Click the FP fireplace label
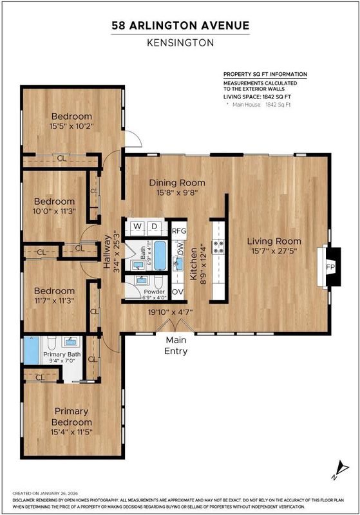(x=330, y=267)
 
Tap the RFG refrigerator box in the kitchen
(x=179, y=230)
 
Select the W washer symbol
(x=137, y=227)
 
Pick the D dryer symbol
(x=154, y=227)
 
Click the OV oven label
(x=178, y=292)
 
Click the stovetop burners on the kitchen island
(x=218, y=247)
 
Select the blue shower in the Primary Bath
(x=31, y=350)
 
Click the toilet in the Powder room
(x=158, y=281)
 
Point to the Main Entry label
(x=176, y=345)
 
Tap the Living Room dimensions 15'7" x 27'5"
(x=274, y=251)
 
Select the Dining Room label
(x=177, y=183)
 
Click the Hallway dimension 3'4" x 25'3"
(x=115, y=251)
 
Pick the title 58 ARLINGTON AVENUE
(x=180, y=25)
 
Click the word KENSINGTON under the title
(x=180, y=42)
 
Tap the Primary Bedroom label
(x=71, y=417)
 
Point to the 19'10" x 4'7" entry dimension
(x=170, y=312)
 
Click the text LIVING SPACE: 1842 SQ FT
(x=257, y=97)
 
